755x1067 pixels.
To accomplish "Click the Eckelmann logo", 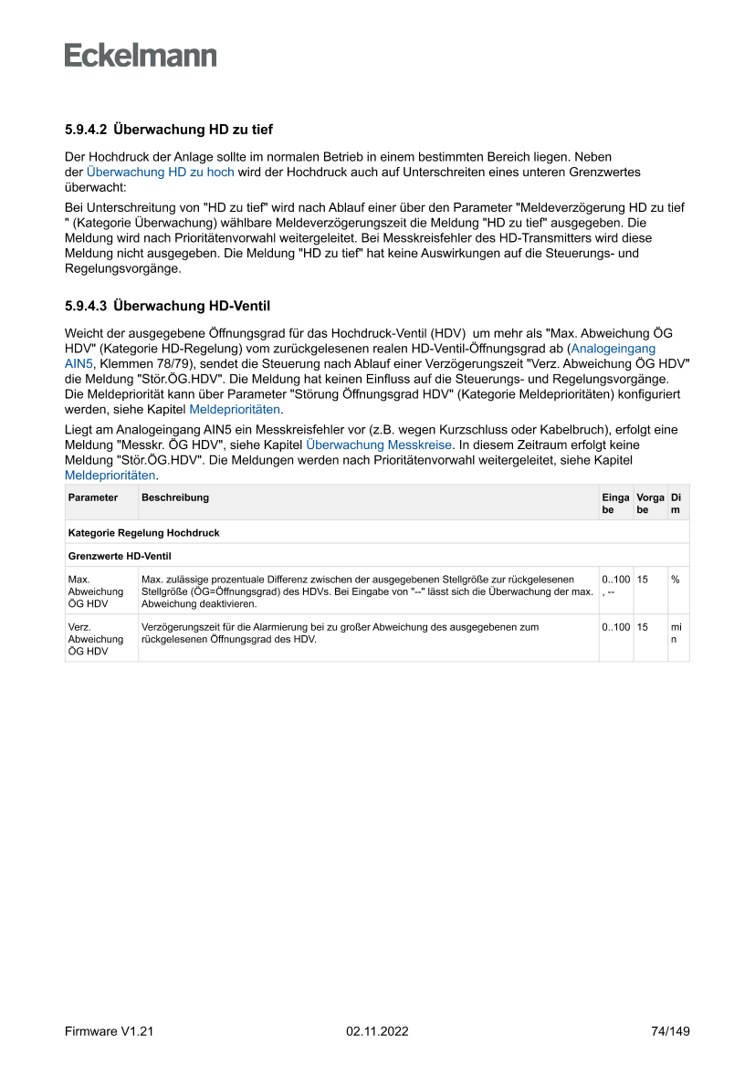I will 141,55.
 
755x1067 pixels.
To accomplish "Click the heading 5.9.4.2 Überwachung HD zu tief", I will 169,130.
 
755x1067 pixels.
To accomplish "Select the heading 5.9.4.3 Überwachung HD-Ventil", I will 167,305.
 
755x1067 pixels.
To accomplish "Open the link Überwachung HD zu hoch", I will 160,172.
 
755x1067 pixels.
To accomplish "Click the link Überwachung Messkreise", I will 379,445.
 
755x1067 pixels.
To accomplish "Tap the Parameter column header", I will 93,497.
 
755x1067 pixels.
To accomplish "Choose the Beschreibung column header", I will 175,497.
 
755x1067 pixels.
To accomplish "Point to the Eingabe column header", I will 615,503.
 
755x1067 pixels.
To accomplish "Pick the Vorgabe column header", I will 649,503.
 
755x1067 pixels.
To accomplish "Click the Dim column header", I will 676,503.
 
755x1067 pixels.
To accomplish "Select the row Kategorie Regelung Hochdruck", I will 143,532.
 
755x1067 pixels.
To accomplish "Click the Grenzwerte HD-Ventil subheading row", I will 120,555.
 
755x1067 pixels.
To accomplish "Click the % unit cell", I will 676,580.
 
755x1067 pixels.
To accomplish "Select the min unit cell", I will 676,633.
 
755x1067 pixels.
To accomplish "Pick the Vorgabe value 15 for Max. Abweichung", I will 643,580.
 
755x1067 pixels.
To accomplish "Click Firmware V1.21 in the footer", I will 109,1031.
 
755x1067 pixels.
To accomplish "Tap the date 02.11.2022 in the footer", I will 377,1031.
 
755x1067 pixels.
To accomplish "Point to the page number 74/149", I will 670,1031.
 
